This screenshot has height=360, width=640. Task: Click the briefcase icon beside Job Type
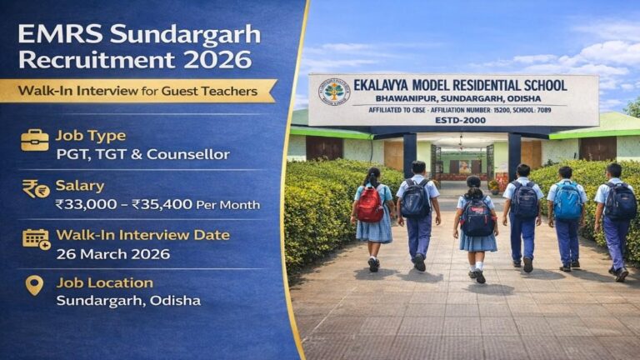34,140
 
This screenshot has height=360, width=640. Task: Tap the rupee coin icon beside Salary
35,189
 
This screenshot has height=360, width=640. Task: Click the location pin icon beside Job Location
34,286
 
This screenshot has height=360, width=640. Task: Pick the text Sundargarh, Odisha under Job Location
128,300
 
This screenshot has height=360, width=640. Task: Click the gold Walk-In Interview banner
137,90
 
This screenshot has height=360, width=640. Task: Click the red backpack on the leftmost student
369,205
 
